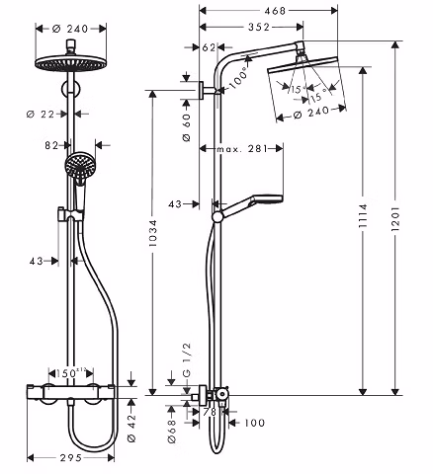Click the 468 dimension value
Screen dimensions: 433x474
[x=275, y=11]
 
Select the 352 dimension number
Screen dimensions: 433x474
[x=259, y=27]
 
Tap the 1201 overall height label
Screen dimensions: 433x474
[x=395, y=218]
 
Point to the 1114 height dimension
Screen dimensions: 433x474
[x=363, y=216]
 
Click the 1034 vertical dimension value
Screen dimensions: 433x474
[x=152, y=233]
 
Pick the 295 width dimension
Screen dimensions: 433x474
[x=71, y=458]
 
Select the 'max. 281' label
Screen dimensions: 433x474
[x=242, y=149]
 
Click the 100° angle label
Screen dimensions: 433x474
[x=238, y=78]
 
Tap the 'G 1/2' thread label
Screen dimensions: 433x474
[x=187, y=359]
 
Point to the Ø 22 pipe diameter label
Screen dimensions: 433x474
[x=41, y=115]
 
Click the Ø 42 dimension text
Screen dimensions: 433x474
[x=131, y=429]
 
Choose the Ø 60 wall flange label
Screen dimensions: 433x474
[x=186, y=127]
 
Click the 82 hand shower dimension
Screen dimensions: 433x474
[x=51, y=145]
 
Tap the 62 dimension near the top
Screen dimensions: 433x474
[x=209, y=47]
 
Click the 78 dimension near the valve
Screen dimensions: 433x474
[x=210, y=412]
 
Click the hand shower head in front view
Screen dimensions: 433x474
[x=78, y=164]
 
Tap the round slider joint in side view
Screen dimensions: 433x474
[x=217, y=217]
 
